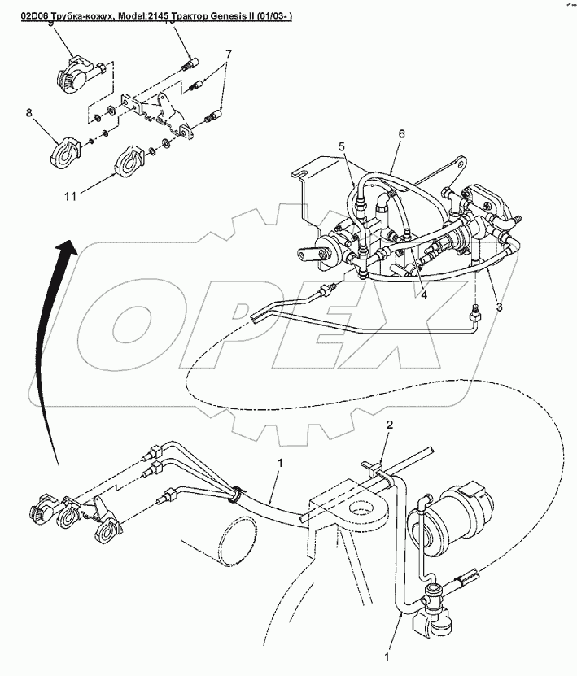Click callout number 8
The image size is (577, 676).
point(29,115)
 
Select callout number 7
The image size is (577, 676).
point(229,54)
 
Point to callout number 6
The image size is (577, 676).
point(401,133)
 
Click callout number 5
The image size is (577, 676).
point(343,147)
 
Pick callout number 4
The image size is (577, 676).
point(423,295)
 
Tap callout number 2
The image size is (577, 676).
point(390,425)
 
